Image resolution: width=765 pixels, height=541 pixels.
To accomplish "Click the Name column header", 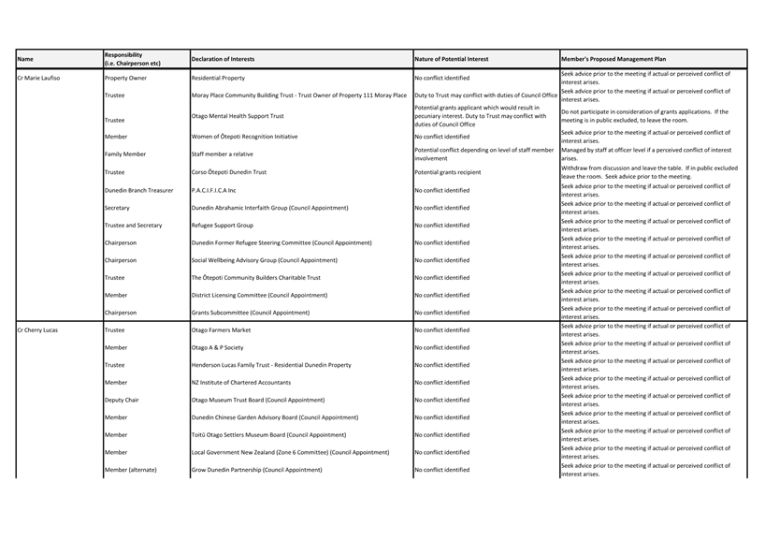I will (x=25, y=59).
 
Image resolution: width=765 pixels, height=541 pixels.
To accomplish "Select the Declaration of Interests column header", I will (x=223, y=59).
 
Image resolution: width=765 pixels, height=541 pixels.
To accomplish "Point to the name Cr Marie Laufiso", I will (x=38, y=78).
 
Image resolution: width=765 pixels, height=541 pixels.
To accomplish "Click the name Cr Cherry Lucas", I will (x=37, y=330).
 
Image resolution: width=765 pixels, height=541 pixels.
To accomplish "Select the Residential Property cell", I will (x=218, y=78).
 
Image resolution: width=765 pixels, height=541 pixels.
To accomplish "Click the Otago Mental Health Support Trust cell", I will (x=238, y=116).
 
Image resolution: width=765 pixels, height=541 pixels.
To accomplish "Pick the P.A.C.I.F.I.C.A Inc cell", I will (x=213, y=190).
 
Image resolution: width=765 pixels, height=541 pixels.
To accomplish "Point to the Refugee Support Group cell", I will (x=222, y=226).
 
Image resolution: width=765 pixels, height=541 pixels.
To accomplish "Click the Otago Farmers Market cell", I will (x=221, y=330).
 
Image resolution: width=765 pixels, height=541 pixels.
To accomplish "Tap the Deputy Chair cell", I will (x=122, y=400).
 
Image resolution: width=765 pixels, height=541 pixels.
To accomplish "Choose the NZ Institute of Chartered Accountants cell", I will (x=240, y=383).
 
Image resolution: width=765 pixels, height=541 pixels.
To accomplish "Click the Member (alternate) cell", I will (x=130, y=470).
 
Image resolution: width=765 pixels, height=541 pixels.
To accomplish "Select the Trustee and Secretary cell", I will (x=133, y=226).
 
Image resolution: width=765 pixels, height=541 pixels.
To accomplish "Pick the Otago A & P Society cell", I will (x=217, y=347).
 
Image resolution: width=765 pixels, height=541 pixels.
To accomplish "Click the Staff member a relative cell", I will (x=222, y=154).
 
